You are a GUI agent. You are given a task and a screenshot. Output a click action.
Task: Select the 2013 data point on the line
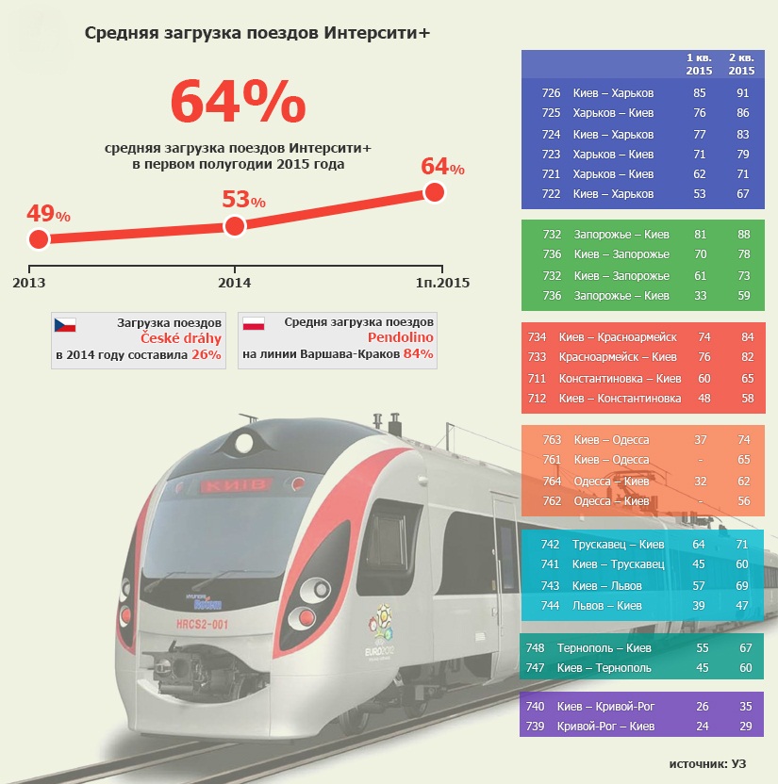(38, 238)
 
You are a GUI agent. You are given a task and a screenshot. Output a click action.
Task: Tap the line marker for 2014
(234, 225)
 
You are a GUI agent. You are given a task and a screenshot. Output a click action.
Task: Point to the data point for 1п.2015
(434, 192)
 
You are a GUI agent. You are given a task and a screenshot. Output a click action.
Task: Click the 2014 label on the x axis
(234, 282)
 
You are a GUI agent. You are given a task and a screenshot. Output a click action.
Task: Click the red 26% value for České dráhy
(206, 354)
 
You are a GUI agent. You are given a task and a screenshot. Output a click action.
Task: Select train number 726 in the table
(552, 93)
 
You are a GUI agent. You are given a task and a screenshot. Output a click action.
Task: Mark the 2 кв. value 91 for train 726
(742, 93)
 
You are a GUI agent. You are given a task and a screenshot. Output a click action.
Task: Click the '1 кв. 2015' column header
(699, 64)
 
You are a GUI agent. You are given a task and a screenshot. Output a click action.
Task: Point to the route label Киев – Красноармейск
(618, 336)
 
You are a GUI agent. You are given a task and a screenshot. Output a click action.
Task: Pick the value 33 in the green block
(700, 296)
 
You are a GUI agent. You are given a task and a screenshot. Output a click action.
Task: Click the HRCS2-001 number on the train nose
(202, 624)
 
